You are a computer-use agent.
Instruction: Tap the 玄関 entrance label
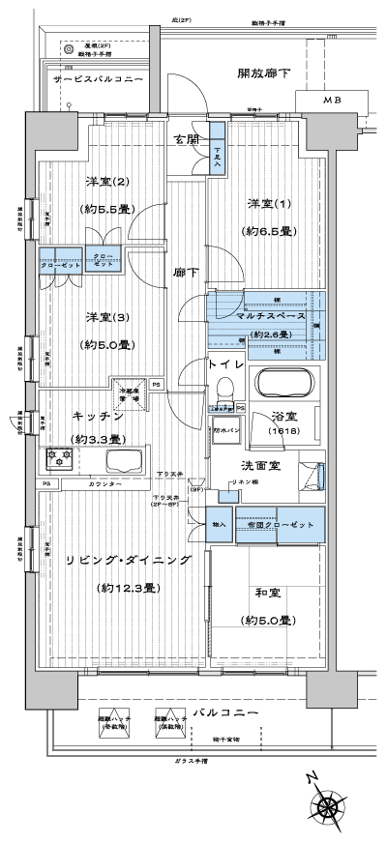[187, 138]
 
